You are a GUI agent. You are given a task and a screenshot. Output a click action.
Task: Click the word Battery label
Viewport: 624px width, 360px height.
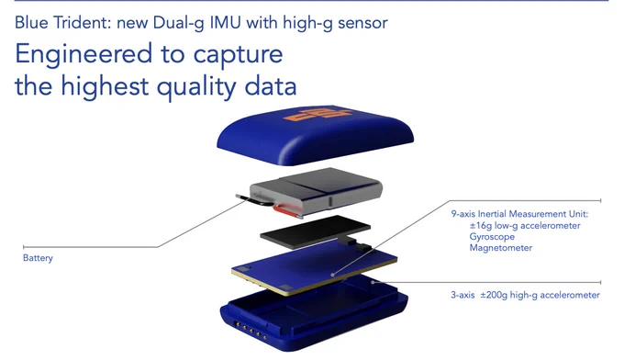pyautogui.click(x=38, y=258)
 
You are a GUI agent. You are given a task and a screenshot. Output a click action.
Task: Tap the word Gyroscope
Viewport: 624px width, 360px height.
pyautogui.click(x=492, y=237)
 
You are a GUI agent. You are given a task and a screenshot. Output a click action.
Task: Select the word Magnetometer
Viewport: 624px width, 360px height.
pyautogui.click(x=501, y=248)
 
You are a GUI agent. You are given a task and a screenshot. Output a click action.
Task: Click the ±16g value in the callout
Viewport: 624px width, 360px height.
pyautogui.click(x=480, y=226)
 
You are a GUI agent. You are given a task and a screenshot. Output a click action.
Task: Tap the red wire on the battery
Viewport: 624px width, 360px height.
pyautogui.click(x=285, y=211)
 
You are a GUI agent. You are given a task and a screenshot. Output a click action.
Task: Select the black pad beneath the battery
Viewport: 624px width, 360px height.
pyautogui.click(x=315, y=231)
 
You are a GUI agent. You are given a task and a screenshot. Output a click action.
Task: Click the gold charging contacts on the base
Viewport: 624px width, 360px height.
pyautogui.click(x=251, y=330)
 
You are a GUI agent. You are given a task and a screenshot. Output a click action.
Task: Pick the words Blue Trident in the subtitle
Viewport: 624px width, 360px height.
pyautogui.click(x=63, y=22)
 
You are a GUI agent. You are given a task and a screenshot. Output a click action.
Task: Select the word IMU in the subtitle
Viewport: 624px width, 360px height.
pyautogui.click(x=225, y=22)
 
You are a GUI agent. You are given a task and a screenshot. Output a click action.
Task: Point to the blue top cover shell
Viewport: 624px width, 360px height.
pyautogui.click(x=315, y=136)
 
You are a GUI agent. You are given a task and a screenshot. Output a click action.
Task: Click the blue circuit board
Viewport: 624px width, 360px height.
pyautogui.click(x=315, y=267)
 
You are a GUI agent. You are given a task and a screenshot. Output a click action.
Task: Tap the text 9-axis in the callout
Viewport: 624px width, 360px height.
pyautogui.click(x=463, y=214)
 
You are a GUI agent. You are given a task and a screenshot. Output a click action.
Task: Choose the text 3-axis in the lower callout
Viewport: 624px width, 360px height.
pyautogui.click(x=462, y=295)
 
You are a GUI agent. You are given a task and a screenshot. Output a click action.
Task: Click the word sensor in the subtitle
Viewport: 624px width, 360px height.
pyautogui.click(x=362, y=23)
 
